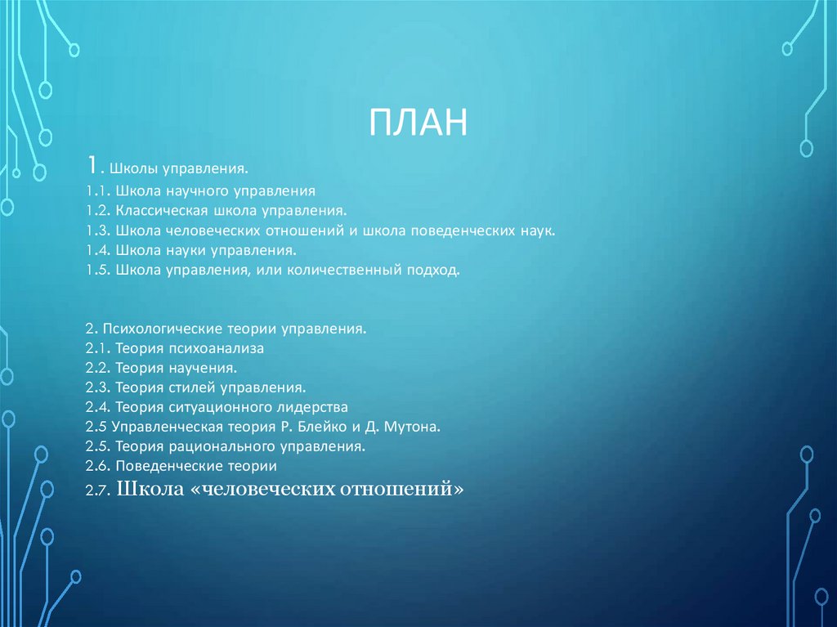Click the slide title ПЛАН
[x=418, y=123]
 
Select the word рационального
[x=217, y=446]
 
